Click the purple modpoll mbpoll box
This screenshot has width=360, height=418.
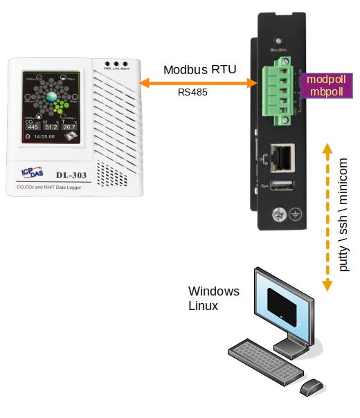[x=325, y=87]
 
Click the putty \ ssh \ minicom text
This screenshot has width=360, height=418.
[x=344, y=215]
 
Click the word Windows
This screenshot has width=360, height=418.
[x=214, y=291]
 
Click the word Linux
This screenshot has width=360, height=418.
[x=204, y=305]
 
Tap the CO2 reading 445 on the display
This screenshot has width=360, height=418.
[x=33, y=127]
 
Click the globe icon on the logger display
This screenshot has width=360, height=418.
[x=52, y=96]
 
